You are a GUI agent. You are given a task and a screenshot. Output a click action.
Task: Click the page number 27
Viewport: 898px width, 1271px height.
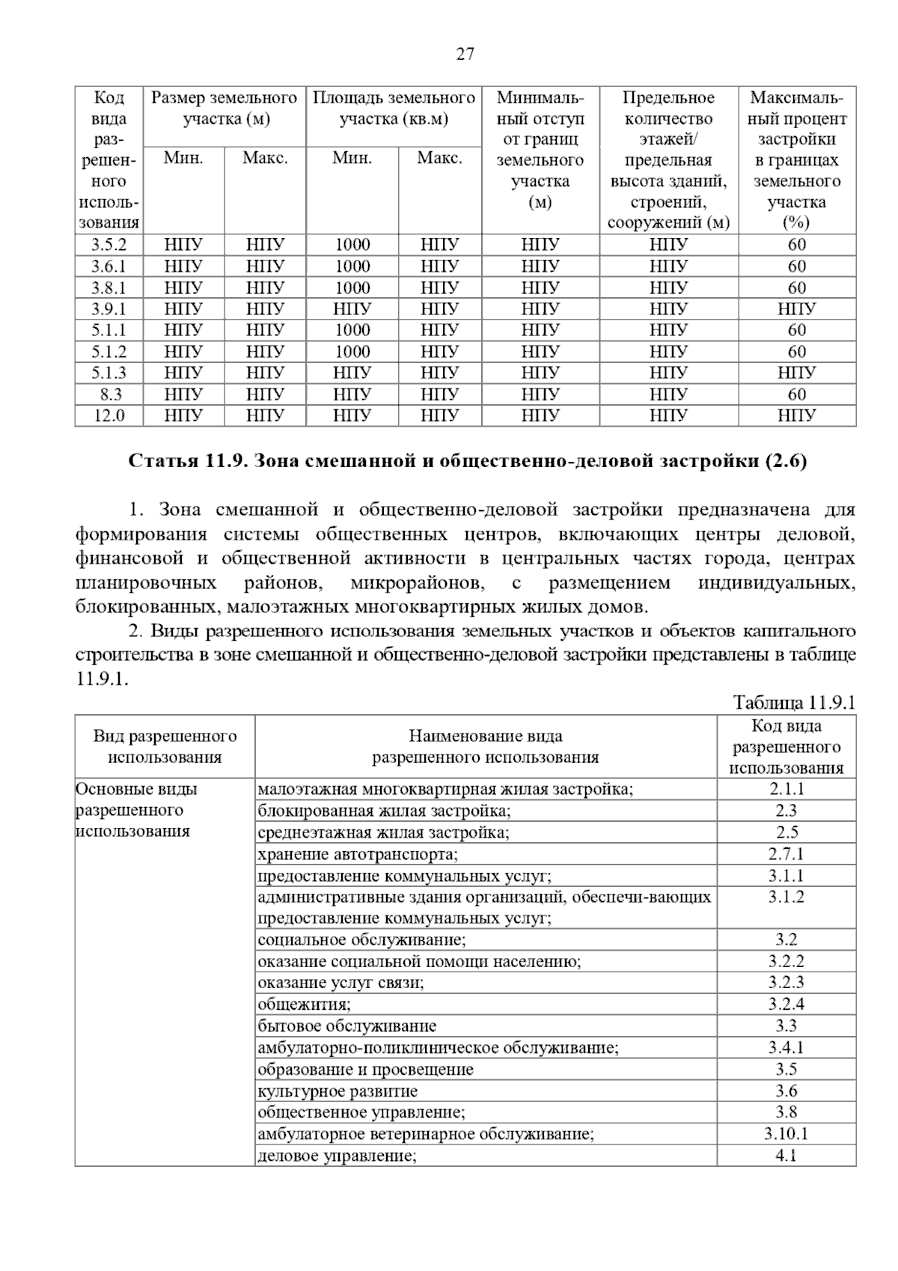465,54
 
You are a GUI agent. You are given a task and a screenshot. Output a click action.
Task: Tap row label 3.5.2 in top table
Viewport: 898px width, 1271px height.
109,245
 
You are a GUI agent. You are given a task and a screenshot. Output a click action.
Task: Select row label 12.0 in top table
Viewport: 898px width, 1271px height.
109,415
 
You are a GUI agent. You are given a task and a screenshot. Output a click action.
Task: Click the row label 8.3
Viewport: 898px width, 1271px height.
109,394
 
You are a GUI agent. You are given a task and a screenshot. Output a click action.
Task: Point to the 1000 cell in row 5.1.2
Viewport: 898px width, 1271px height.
352,352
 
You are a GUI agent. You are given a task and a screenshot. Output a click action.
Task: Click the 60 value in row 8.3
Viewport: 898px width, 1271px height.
796,394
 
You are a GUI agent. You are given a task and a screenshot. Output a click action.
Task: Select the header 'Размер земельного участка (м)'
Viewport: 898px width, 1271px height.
224,109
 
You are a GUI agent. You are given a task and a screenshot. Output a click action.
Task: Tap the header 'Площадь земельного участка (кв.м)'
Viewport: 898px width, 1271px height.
393,109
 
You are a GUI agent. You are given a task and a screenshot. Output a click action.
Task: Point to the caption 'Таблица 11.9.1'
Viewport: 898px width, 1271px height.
794,703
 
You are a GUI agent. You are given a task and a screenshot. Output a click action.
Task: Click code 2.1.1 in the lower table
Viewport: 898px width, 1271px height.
786,789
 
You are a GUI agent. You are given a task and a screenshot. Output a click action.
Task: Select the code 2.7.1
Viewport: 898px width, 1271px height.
786,854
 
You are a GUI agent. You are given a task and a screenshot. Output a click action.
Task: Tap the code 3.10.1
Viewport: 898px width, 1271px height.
786,1134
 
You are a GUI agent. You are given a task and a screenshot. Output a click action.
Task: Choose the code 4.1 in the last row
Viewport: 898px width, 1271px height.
786,1156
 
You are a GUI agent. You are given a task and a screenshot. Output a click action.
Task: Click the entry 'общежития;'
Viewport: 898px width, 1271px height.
304,1005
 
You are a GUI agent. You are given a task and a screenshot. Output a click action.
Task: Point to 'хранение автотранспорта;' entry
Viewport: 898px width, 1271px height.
358,854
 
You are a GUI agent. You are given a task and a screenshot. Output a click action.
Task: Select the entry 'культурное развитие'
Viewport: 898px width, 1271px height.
337,1091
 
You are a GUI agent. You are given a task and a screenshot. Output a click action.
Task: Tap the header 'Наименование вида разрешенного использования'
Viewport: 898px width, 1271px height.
485,746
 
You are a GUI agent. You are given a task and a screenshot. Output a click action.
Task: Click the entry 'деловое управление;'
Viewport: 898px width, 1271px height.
337,1156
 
